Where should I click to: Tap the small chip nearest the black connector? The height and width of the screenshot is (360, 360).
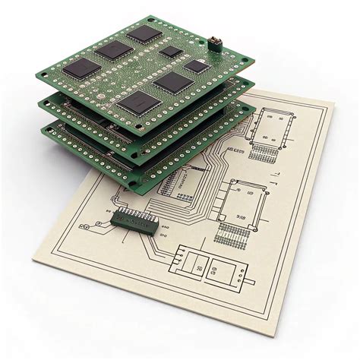pyautogui.click(x=197, y=65)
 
